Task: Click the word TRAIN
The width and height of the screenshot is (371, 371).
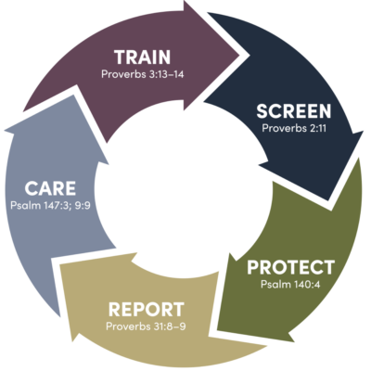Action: pos(142,57)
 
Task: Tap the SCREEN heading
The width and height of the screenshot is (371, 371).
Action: pos(294,111)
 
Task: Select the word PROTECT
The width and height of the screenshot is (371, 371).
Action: pos(291,267)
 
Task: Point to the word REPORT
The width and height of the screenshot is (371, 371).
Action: pos(147,310)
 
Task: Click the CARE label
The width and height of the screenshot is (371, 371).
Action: pos(50,188)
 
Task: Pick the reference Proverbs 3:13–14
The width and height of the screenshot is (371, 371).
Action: pos(143,74)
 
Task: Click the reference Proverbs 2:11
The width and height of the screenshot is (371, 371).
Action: pos(294,128)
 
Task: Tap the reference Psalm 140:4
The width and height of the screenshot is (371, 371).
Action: pos(290,284)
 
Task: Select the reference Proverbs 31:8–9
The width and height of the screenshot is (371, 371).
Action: pos(146,326)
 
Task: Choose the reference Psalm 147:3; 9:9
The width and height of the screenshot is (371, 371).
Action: pos(50,205)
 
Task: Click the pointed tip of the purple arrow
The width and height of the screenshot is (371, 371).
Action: pos(240,56)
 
